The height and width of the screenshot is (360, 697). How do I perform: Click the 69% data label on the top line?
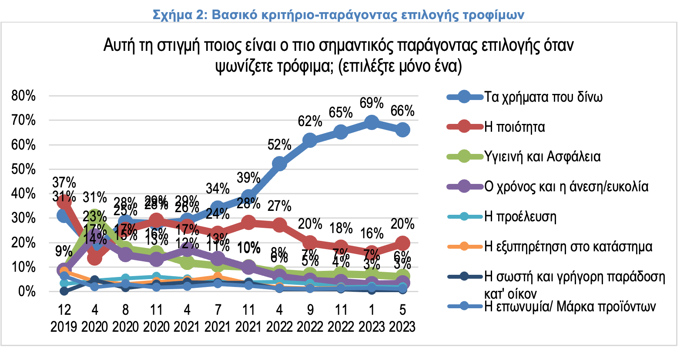pyautogui.click(x=372, y=103)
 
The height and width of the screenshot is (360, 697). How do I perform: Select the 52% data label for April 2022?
pyautogui.click(x=279, y=145)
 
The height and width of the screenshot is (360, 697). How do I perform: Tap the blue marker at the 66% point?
pyautogui.click(x=402, y=130)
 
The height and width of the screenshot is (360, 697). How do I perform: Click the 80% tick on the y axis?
pyautogui.click(x=23, y=96)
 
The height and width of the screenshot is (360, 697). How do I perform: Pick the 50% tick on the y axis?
pyautogui.click(x=23, y=169)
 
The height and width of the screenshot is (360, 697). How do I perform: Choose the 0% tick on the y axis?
pyautogui.click(x=27, y=291)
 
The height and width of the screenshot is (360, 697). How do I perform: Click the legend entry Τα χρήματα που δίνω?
pyautogui.click(x=543, y=97)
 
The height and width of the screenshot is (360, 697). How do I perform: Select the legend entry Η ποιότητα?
pyautogui.click(x=514, y=127)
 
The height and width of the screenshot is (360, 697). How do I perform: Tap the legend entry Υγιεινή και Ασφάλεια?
pyautogui.click(x=542, y=157)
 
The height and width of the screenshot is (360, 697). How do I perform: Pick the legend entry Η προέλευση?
pyautogui.click(x=520, y=217)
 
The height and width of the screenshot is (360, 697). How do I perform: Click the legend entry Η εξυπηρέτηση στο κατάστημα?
pyautogui.click(x=568, y=247)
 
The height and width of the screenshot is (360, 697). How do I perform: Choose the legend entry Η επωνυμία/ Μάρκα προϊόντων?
pyautogui.click(x=570, y=307)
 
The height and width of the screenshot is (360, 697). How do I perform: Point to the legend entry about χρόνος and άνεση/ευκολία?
pyautogui.click(x=566, y=187)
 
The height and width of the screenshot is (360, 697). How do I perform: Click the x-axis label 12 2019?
pyautogui.click(x=64, y=318)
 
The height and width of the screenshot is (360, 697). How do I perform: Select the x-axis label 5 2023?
pyautogui.click(x=402, y=318)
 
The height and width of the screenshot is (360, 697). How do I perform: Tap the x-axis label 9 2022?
pyautogui.click(x=310, y=318)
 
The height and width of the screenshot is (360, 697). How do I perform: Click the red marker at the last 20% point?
pyautogui.click(x=402, y=243)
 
